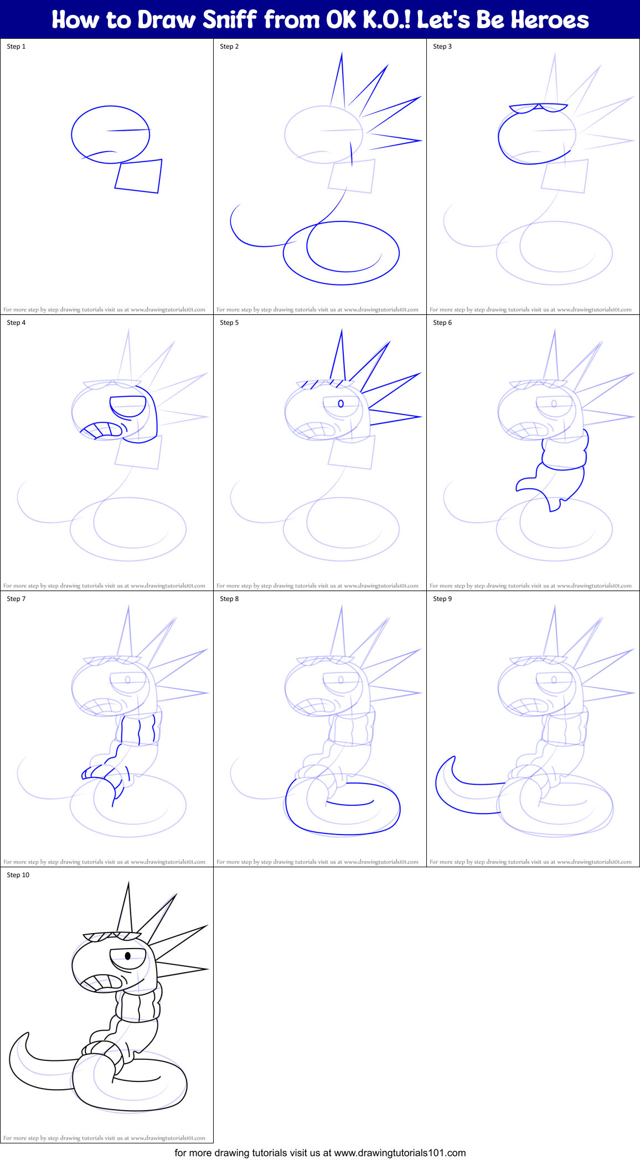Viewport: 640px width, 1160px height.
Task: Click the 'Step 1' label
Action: click(16, 46)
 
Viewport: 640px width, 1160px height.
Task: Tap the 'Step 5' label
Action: click(229, 323)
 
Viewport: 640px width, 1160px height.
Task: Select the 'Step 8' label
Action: click(229, 599)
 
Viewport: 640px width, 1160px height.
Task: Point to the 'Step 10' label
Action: click(18, 875)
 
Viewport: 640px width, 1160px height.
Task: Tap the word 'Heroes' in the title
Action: click(550, 20)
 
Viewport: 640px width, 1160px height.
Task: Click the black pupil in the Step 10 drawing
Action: click(128, 956)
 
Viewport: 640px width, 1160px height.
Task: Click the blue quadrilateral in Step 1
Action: click(138, 176)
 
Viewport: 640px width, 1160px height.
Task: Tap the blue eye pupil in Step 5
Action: click(341, 403)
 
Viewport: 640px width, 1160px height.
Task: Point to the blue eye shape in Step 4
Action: click(128, 407)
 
